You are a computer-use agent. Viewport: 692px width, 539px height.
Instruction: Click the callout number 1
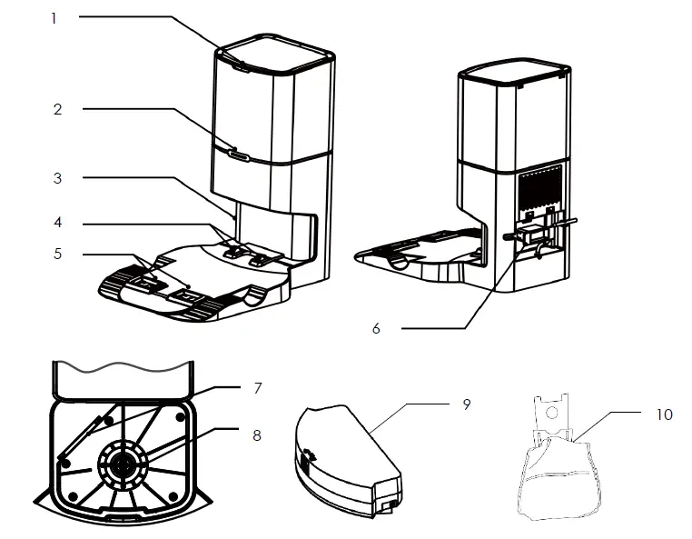[x=54, y=17]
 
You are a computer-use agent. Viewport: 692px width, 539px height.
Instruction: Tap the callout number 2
[x=57, y=110]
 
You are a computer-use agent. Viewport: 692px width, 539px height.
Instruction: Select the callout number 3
[x=57, y=178]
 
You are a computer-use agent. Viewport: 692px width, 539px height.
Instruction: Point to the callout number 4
[x=57, y=222]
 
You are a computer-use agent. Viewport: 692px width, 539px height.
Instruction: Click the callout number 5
[x=57, y=254]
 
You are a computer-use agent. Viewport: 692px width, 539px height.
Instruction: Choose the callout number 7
[x=257, y=388]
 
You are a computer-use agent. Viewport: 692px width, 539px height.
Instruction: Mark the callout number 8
[x=257, y=435]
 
